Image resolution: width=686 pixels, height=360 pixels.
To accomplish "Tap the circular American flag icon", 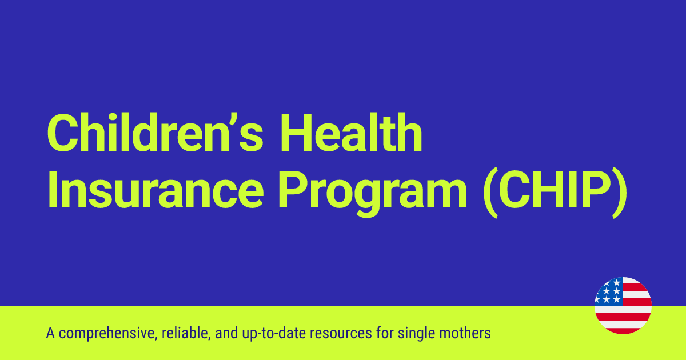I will click(x=623, y=306).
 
